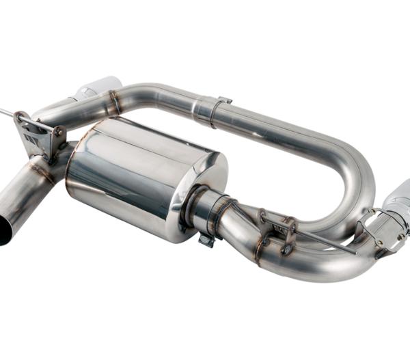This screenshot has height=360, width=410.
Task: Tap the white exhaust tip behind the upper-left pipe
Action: point(96,87)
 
